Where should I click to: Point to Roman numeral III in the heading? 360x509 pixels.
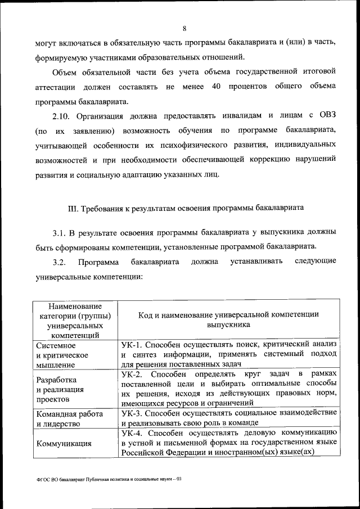point(73,208)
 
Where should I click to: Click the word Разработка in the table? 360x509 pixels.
point(56,379)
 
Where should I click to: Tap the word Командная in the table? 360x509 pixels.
point(57,414)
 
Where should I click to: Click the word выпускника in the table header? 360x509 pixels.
point(228,325)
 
